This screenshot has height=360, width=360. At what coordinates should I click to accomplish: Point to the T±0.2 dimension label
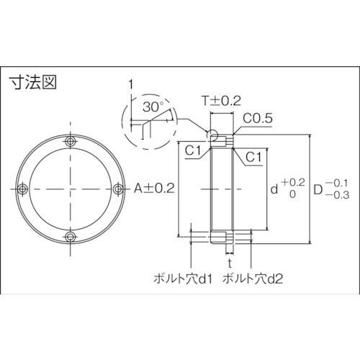[217, 102]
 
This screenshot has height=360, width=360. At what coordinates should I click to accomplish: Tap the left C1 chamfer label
[192, 149]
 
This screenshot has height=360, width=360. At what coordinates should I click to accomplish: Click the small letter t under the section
[229, 263]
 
